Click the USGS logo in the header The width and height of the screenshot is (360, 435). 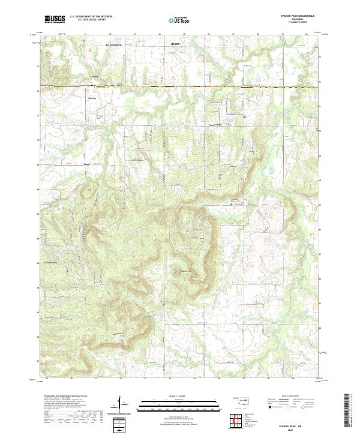coord(55,19)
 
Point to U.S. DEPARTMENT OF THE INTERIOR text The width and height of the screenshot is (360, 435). coord(91,17)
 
